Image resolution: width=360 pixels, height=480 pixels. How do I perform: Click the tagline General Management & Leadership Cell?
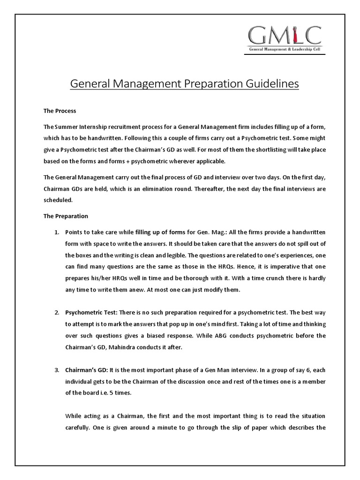click(285, 49)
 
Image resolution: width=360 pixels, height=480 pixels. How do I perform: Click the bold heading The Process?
click(60, 111)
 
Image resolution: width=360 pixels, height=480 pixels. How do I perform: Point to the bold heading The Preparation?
click(66, 216)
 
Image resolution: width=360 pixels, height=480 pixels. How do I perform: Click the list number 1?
click(56, 232)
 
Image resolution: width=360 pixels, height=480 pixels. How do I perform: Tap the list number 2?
click(56, 312)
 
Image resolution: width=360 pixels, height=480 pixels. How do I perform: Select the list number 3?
click(56, 370)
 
